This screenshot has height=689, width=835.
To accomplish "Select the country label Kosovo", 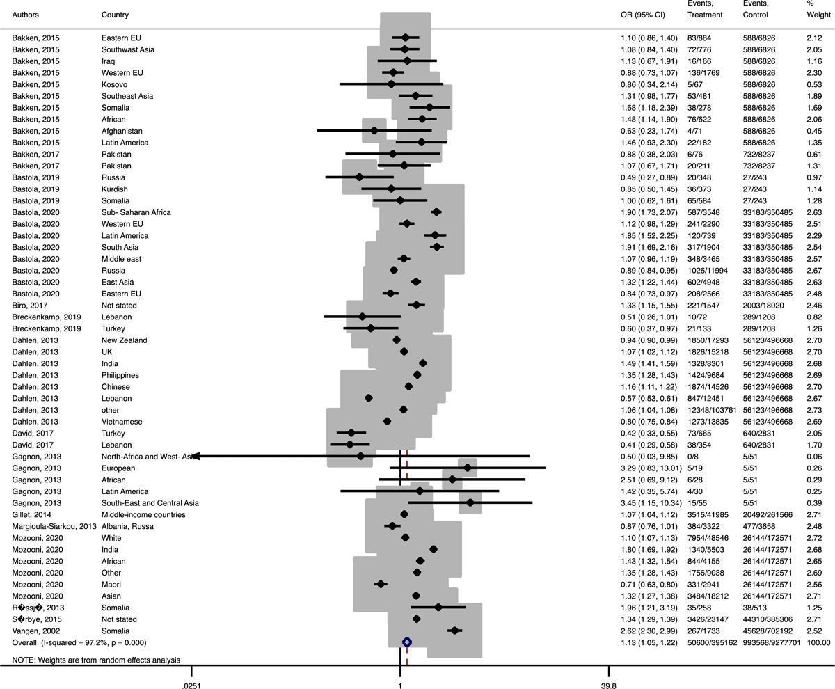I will pyautogui.click(x=113, y=84).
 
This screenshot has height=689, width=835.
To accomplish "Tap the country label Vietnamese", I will pyautogui.click(x=120, y=421).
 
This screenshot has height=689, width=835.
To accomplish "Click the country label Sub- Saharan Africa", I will pyautogui.click(x=136, y=212).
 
